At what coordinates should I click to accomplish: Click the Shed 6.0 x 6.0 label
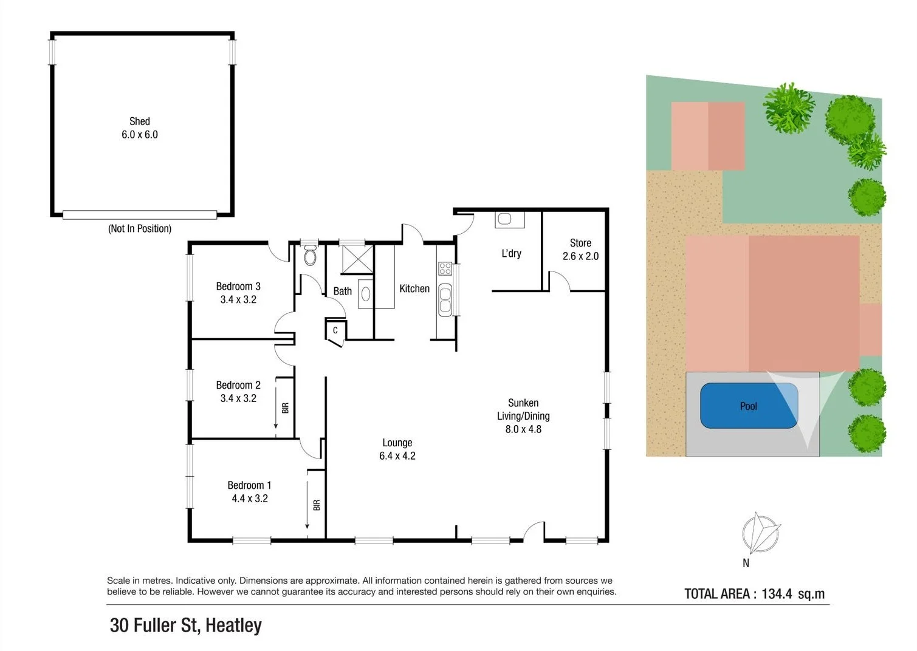139,128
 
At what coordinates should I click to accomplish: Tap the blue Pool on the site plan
749,406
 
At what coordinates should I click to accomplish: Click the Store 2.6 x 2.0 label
580,250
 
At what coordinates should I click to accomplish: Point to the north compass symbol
760,534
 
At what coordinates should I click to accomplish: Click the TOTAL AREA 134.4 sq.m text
754,594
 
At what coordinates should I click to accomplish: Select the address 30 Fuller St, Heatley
185,625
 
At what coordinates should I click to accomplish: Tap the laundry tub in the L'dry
509,219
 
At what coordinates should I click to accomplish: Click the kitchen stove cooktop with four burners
445,268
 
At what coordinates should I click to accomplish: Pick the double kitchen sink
445,299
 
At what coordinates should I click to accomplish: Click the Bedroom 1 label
249,492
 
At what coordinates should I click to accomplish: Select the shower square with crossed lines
357,261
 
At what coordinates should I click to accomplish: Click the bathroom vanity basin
365,294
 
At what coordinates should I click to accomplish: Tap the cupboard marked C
335,331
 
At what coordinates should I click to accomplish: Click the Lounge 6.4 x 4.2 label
397,449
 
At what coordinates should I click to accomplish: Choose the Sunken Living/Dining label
523,416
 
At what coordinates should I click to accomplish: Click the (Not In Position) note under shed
140,229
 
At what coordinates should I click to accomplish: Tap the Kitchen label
414,289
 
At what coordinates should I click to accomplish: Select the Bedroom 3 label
238,293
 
